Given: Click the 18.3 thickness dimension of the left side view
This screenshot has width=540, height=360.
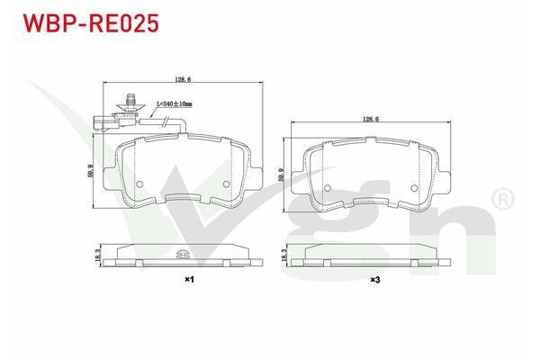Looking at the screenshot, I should pos(96,256).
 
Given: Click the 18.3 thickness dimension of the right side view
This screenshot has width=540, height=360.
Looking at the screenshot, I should pos(284,256).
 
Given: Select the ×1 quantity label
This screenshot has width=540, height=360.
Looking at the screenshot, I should pos(190,281).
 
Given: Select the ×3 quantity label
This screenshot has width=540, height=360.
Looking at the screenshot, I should pos(374,281).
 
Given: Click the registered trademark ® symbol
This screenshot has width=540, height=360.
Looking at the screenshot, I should pos(502,195).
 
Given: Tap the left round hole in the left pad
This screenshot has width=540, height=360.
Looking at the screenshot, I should pos(139,184).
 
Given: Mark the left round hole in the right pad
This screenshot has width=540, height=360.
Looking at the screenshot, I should pos(328,188).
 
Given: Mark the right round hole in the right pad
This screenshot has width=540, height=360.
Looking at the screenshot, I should pos(413,188).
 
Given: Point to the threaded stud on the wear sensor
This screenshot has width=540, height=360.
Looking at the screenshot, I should pos(128,102).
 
